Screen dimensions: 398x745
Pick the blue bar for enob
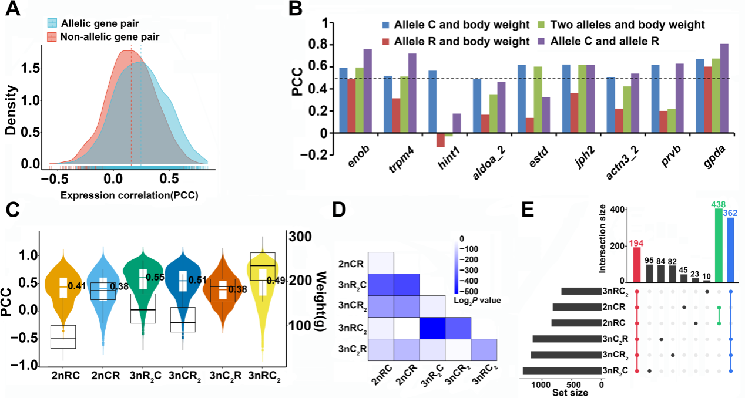point(344,100)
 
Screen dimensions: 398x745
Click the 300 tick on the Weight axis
point(298,237)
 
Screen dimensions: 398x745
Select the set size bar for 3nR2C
point(562,370)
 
